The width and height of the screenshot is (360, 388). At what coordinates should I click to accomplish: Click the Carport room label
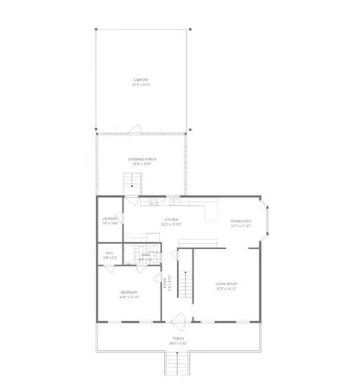point(141,79)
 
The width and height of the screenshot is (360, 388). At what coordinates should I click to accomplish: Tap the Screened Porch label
point(142,160)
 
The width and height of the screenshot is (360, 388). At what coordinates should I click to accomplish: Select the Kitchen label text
point(172,219)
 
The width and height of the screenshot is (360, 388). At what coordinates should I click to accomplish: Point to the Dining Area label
point(241,222)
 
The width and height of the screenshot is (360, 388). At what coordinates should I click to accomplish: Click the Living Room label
point(226,284)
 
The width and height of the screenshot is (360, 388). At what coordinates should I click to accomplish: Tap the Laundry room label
point(109,219)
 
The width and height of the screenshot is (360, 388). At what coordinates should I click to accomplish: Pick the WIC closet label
point(109,253)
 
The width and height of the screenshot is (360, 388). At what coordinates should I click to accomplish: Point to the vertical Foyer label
point(165,282)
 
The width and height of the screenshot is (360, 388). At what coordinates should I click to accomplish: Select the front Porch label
point(177,340)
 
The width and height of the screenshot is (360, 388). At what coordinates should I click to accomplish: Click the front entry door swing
point(179,322)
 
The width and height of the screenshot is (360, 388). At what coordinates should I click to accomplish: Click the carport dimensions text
point(141,84)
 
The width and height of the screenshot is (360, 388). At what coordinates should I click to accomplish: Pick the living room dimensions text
point(226,289)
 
